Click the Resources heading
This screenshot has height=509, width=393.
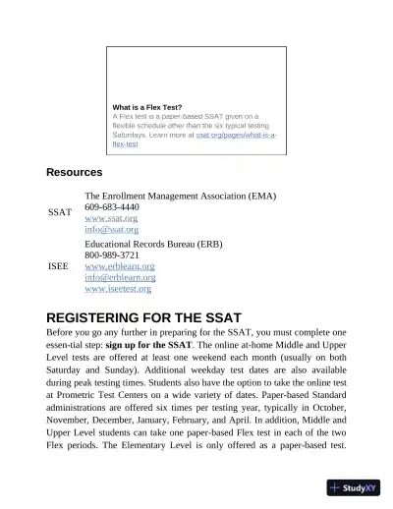point(74,173)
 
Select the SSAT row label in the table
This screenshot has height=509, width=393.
point(59,212)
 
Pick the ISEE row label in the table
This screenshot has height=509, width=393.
point(58,265)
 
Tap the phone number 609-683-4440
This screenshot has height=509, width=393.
point(112,207)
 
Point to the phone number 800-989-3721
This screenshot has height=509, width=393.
point(112,254)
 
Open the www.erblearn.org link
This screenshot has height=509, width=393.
point(121,266)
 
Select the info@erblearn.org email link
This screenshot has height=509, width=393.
point(121,277)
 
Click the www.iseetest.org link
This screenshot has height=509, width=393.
point(119,289)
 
